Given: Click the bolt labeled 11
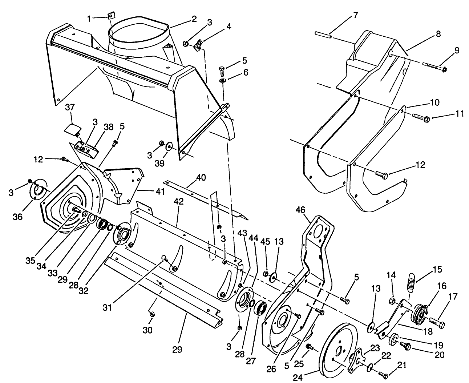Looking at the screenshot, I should (x=421, y=118).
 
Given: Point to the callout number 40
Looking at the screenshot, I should (x=201, y=178).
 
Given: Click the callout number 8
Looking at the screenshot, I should (x=438, y=34).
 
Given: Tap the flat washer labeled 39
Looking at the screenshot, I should (x=169, y=147).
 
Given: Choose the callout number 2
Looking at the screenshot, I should (x=194, y=19).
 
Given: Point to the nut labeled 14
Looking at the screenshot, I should (x=392, y=301).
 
